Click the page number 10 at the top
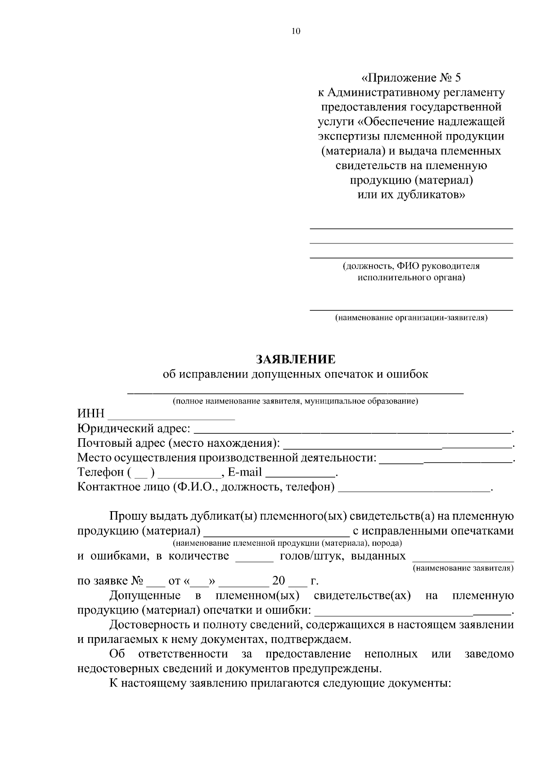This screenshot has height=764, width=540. click(x=295, y=31)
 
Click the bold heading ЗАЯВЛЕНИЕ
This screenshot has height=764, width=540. click(x=296, y=359)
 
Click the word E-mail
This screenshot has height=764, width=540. click(x=245, y=472)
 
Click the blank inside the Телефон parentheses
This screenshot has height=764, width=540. click(x=141, y=473)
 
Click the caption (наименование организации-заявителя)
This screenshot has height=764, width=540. click(x=411, y=318)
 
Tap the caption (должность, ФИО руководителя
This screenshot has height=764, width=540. click(x=411, y=266)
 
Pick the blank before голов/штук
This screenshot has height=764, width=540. click(x=255, y=558)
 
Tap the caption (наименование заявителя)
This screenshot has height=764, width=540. click(x=463, y=568)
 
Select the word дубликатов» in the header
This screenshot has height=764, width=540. click(x=431, y=195)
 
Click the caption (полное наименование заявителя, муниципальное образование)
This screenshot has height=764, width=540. click(x=296, y=401)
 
